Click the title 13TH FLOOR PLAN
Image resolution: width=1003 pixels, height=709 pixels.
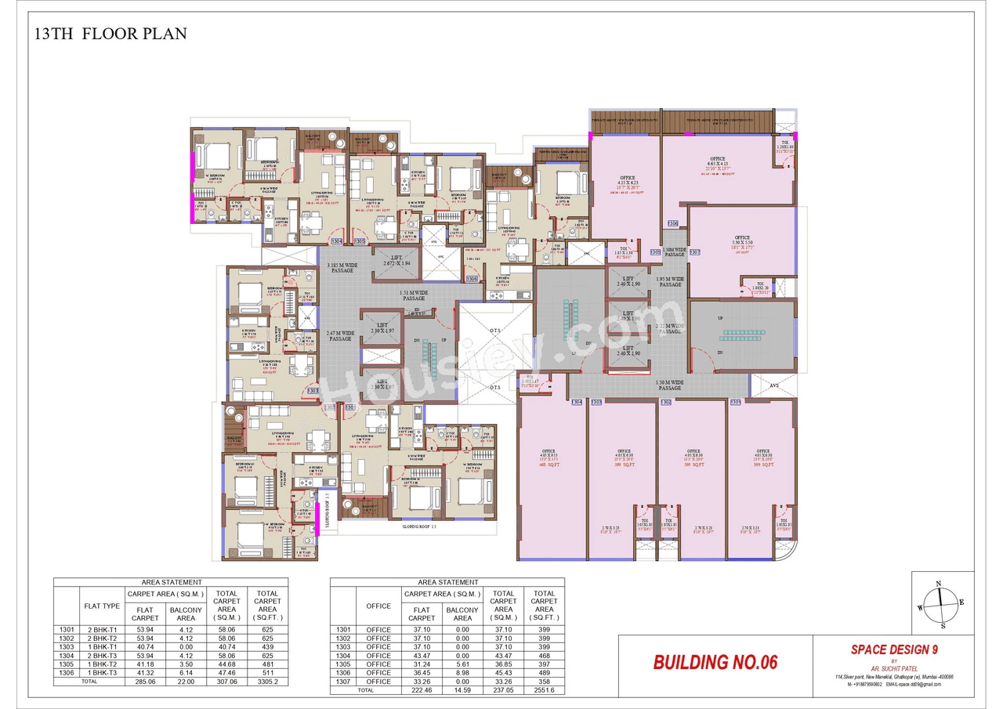pyautogui.click(x=110, y=34)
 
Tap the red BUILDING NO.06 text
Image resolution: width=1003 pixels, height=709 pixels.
pyautogui.click(x=715, y=662)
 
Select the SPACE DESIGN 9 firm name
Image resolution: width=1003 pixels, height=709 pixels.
pyautogui.click(x=894, y=649)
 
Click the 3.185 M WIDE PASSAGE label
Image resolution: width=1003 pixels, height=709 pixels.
pyautogui.click(x=342, y=269)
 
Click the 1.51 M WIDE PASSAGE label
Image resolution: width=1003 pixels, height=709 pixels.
pyautogui.click(x=414, y=295)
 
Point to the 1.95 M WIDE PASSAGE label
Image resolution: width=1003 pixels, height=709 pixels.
pyautogui.click(x=670, y=281)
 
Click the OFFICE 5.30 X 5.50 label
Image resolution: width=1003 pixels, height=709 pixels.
pyautogui.click(x=742, y=241)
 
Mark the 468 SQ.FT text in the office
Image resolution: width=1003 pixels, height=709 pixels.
pyautogui.click(x=548, y=465)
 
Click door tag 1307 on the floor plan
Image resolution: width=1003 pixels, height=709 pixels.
pyautogui.click(x=694, y=252)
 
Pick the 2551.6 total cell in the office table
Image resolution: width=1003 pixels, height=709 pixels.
pyautogui.click(x=544, y=691)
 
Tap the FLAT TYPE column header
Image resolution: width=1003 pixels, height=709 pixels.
pyautogui.click(x=101, y=606)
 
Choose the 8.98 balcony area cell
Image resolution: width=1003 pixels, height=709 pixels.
pyautogui.click(x=462, y=672)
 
